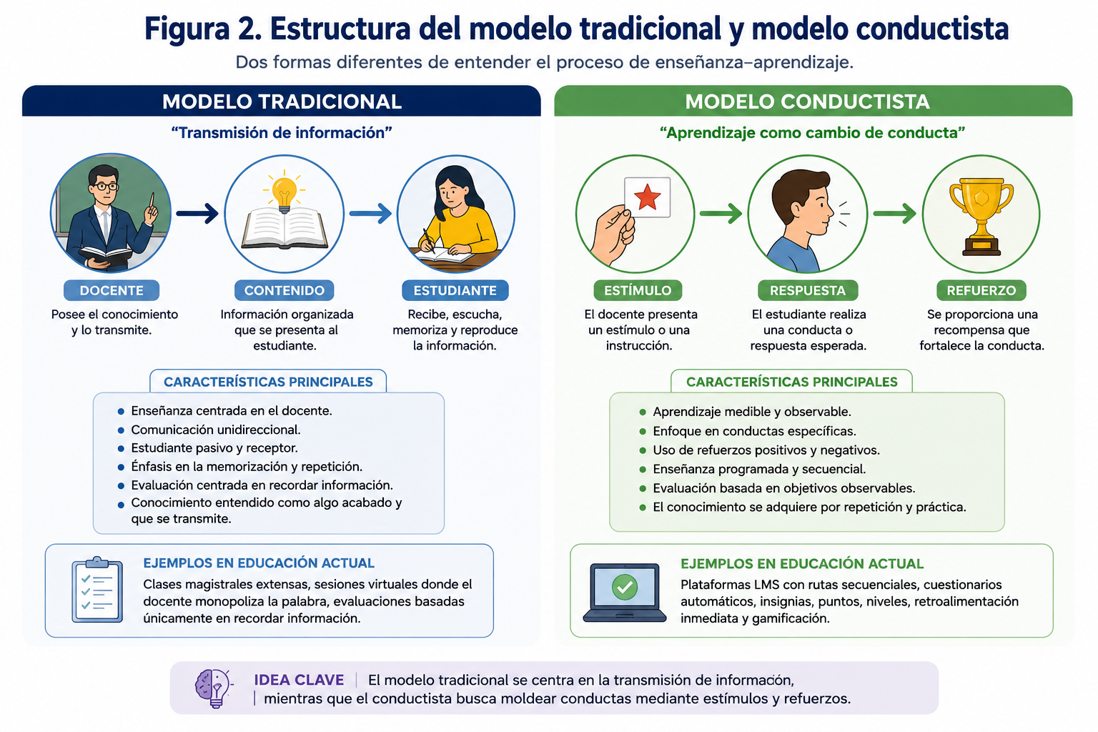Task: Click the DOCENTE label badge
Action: pyautogui.click(x=112, y=290)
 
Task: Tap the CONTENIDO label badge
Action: pyautogui.click(x=285, y=290)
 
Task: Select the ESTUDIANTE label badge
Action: pyautogui.click(x=455, y=290)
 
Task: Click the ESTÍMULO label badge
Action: pyautogui.click(x=638, y=290)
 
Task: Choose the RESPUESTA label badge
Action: pyautogui.click(x=808, y=290)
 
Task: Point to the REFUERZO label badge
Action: pyautogui.click(x=981, y=290)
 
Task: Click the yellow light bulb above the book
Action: pyautogui.click(x=284, y=192)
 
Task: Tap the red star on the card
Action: pyautogui.click(x=647, y=197)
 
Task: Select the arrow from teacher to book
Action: pyautogui.click(x=197, y=213)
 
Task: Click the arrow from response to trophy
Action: pyautogui.click(x=894, y=213)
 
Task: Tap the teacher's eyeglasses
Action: pyautogui.click(x=104, y=187)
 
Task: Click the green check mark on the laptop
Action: pyautogui.click(x=625, y=586)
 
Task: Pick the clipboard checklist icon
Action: pyautogui.click(x=97, y=590)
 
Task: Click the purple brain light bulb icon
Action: pyautogui.click(x=214, y=688)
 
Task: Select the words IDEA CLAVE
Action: pyautogui.click(x=299, y=680)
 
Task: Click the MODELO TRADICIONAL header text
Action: pyautogui.click(x=282, y=102)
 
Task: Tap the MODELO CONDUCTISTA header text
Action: pyautogui.click(x=807, y=102)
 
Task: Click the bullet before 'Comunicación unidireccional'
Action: pyautogui.click(x=121, y=430)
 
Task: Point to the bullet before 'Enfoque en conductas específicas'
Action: pyautogui.click(x=643, y=432)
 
